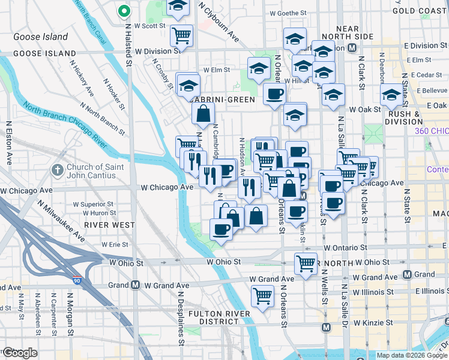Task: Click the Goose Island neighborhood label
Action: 41,37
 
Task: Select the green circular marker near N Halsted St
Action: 124,11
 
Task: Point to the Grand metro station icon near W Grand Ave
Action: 136,285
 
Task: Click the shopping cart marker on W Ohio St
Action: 306,263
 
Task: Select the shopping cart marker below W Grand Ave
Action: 262,295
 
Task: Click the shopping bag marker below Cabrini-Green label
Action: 203,112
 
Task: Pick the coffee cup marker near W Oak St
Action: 274,94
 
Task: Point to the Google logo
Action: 20,353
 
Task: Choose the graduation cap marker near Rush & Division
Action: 391,94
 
